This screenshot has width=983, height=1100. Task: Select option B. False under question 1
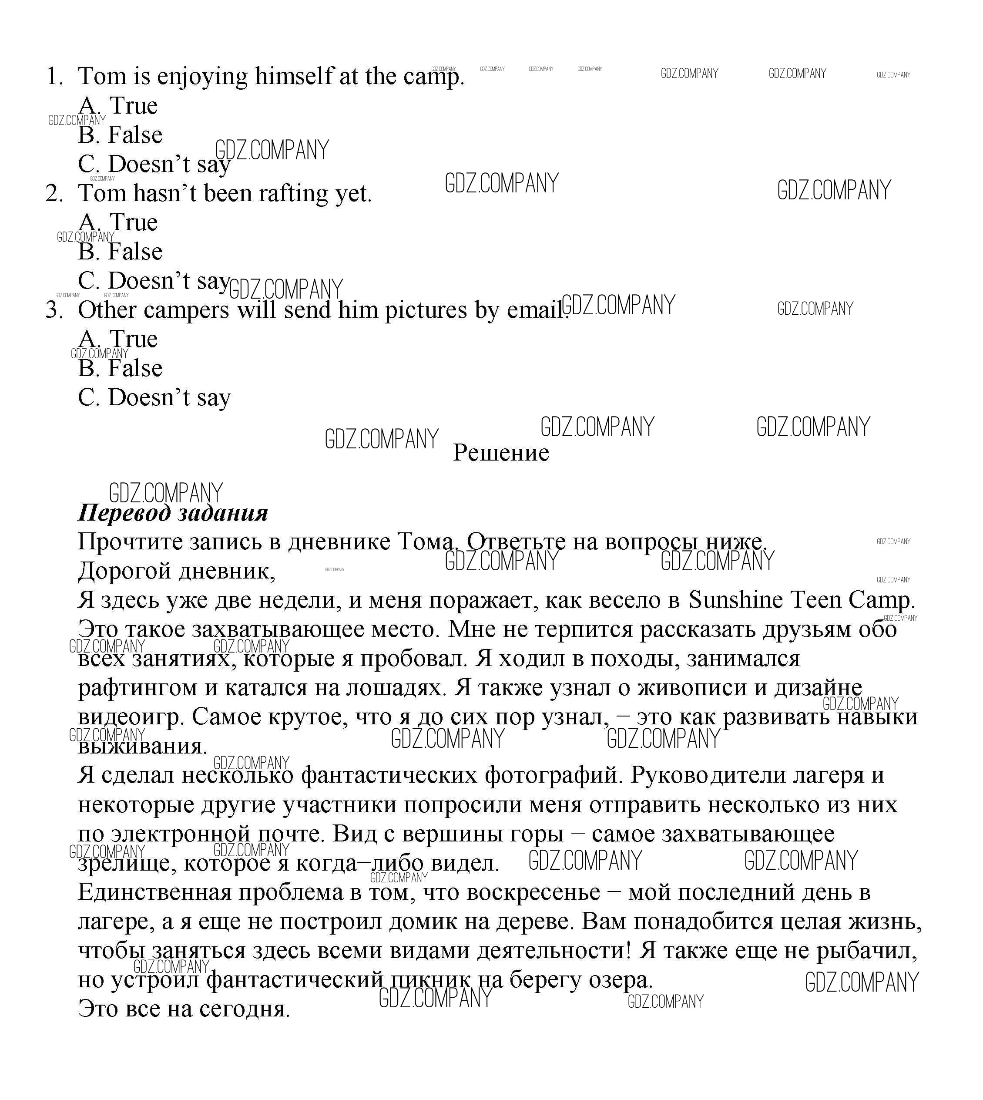[x=120, y=135]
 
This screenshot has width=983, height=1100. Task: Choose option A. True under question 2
[x=118, y=222]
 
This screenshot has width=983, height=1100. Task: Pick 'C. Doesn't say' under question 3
[x=154, y=397]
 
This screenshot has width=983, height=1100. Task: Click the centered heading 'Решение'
[x=501, y=453]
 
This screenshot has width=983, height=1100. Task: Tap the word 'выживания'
[x=141, y=746]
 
